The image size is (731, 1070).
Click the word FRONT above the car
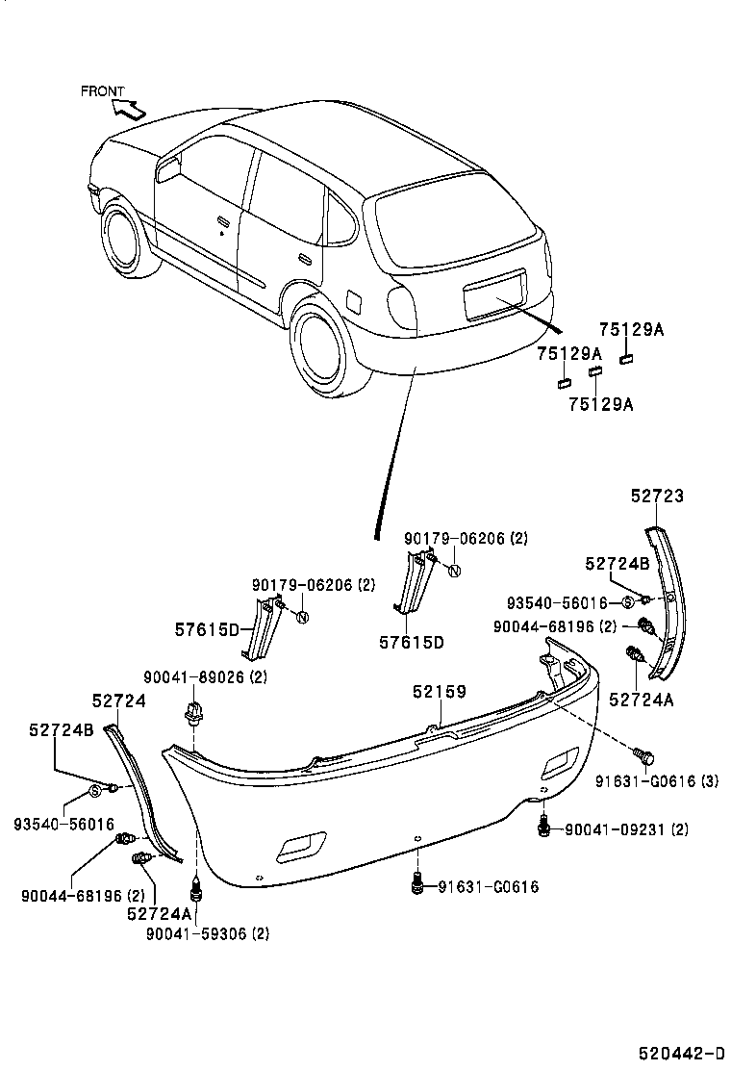[102, 91]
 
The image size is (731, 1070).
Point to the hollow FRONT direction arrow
[129, 107]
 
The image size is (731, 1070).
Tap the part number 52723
[657, 496]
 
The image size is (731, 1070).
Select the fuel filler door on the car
[354, 300]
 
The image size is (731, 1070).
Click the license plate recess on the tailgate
[495, 293]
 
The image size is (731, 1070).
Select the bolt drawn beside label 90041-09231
[545, 826]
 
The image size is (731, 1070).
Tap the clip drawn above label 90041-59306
[197, 883]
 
